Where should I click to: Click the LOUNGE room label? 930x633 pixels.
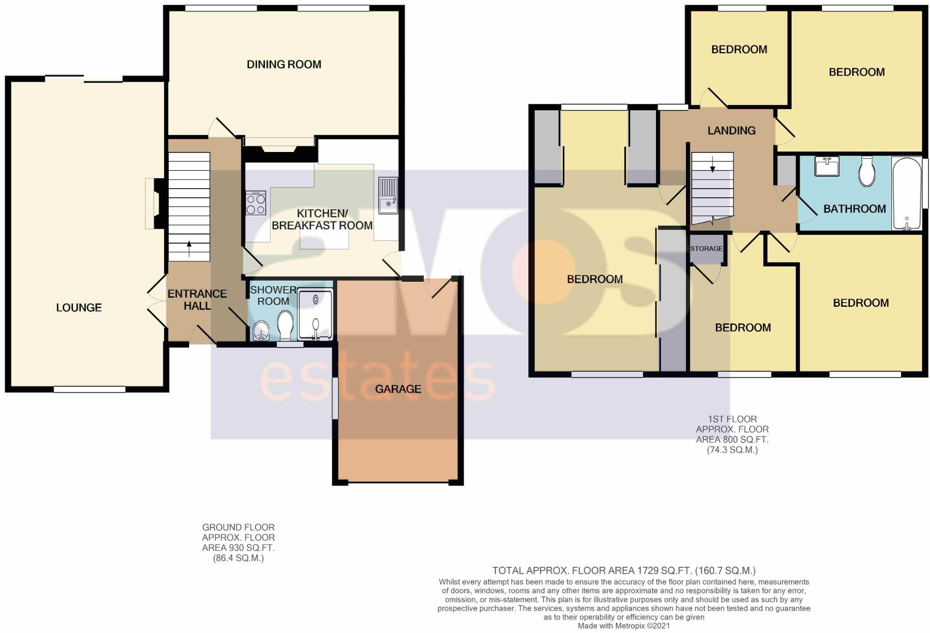79,307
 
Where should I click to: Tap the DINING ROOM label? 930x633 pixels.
284,64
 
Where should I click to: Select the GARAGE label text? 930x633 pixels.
398,389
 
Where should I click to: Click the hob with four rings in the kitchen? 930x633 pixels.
256,203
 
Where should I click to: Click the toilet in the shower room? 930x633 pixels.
286,324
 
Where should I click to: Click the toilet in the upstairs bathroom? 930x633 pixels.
867,171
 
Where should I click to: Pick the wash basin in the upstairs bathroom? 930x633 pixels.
827,166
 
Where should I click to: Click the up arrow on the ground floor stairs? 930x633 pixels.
189,248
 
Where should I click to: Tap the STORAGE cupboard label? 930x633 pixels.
706,248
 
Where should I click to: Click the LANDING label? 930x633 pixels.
731,130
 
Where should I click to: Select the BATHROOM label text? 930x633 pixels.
854,209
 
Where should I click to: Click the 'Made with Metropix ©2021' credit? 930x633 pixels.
624,626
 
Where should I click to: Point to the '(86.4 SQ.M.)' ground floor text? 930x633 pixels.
238,558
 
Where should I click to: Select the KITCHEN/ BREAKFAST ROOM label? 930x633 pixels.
322,220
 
